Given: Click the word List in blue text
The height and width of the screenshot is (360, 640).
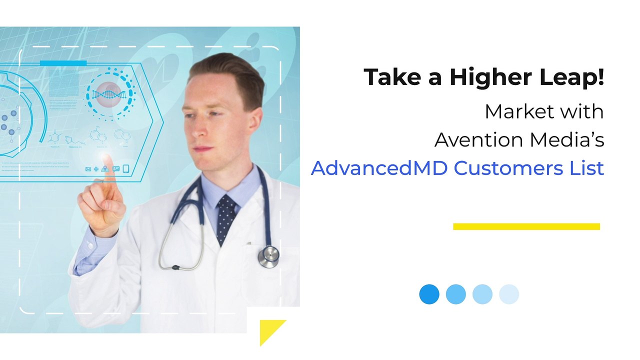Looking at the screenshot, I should (x=586, y=168).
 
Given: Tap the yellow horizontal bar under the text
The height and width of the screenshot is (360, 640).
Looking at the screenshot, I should (x=526, y=226).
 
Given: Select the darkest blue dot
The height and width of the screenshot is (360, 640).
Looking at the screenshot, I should (x=429, y=294).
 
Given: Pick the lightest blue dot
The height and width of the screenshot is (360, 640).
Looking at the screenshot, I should (x=509, y=294).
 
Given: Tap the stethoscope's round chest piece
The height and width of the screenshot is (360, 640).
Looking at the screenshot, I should (x=269, y=256).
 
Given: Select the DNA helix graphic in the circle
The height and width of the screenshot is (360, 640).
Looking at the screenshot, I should (x=109, y=93).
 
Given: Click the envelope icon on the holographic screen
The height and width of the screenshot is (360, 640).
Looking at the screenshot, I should (x=88, y=169).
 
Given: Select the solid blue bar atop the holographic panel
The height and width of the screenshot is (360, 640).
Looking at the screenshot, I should (x=63, y=63).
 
